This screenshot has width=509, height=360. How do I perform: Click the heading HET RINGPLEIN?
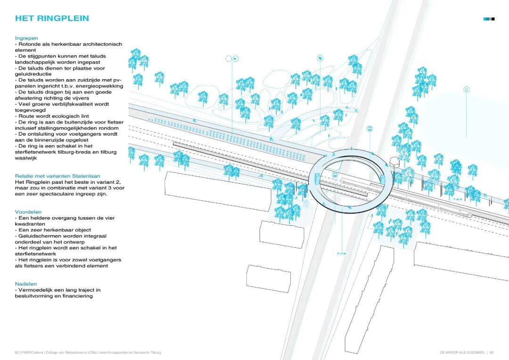coord(52,18)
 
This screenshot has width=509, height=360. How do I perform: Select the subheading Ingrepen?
coord(26,38)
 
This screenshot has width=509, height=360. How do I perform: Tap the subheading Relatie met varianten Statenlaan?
coord(57,176)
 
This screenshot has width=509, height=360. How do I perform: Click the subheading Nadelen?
coord(26,284)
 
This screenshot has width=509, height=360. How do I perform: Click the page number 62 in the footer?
coord(16,352)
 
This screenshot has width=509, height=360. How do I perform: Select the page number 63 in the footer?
coord(492,352)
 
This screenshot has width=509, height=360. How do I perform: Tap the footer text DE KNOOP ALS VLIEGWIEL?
coord(462,352)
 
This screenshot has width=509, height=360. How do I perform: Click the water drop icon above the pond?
coord(467,89)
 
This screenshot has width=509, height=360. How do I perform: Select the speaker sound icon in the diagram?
coord(235,58)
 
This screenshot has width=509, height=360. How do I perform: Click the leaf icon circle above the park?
coord(320,58)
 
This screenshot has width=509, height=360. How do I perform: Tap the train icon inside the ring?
coord(335,174)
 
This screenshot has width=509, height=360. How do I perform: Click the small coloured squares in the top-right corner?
coord(489,19)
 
